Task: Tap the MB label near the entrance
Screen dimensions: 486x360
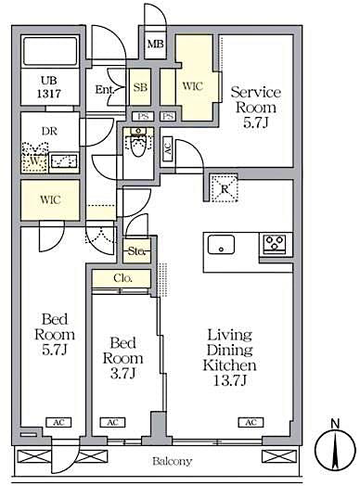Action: coord(154,43)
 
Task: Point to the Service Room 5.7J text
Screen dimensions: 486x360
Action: coord(256,106)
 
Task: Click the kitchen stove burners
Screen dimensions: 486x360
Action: coord(276,243)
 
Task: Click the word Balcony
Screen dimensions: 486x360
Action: coord(172,460)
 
